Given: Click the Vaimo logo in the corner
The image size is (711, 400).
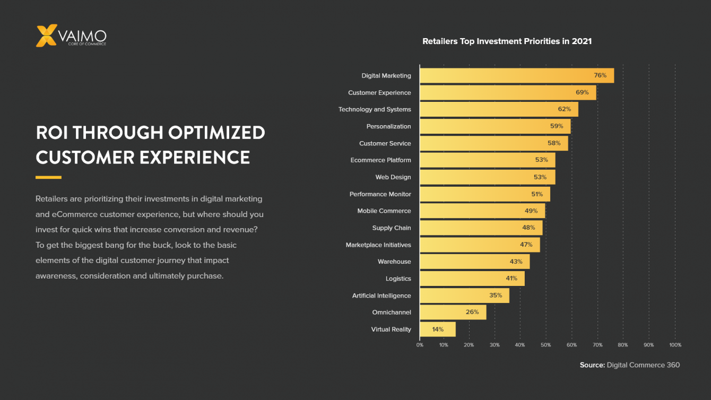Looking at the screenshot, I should [x=71, y=36].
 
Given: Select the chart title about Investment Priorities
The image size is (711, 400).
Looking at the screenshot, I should [x=507, y=41].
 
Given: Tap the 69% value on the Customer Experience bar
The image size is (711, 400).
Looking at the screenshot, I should [x=582, y=92].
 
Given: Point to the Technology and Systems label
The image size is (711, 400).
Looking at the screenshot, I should [x=375, y=109].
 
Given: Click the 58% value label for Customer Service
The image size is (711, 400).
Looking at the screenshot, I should [x=554, y=143].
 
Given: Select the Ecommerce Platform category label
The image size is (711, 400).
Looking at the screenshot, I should [x=380, y=160].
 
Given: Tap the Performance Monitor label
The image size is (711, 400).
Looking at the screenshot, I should [x=380, y=194].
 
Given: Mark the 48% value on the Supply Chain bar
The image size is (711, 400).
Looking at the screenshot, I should [x=528, y=228].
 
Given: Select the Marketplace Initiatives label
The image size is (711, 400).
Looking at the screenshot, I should [x=378, y=245].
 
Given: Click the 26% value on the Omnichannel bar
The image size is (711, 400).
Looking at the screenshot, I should [x=472, y=312].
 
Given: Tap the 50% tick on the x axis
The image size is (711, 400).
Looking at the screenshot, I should [x=545, y=345].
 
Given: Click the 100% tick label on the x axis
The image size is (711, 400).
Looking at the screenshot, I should [x=675, y=345].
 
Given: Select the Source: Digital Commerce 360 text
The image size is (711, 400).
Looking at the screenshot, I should [x=629, y=365].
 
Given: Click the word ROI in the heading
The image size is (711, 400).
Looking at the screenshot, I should [x=52, y=133].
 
